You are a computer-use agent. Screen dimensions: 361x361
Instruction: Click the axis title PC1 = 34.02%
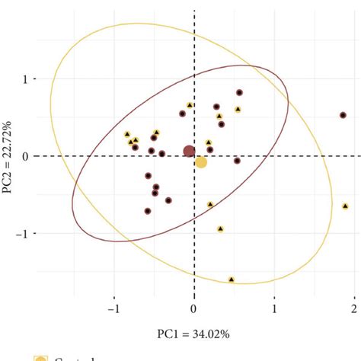[x=194, y=334]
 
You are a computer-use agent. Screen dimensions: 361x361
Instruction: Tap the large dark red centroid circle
[x=189, y=152]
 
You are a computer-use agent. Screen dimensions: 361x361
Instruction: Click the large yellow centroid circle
[x=201, y=162]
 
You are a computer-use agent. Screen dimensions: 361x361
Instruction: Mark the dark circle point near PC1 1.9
[x=343, y=115]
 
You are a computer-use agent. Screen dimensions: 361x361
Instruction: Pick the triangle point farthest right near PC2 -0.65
[x=334, y=206]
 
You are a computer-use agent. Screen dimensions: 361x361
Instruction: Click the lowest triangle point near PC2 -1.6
[x=232, y=280]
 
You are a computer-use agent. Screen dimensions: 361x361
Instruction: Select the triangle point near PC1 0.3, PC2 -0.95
[x=220, y=228]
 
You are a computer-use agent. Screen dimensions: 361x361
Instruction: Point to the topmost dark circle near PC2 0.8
[x=239, y=93]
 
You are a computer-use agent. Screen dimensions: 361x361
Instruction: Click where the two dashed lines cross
[x=193, y=156]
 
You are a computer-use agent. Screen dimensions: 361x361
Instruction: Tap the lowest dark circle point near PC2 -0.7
[x=148, y=211]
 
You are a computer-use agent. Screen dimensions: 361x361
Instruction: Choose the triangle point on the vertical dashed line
[x=190, y=105]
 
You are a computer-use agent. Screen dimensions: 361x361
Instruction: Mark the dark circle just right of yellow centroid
[x=237, y=161]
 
